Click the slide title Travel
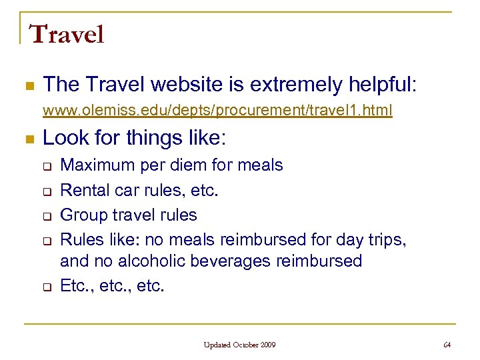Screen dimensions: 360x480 (67, 34)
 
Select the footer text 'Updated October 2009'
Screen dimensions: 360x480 (240, 345)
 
